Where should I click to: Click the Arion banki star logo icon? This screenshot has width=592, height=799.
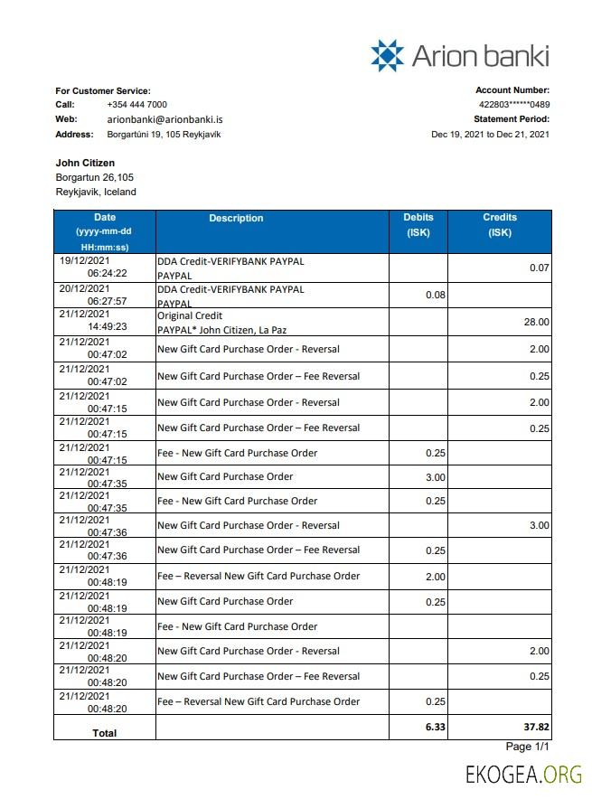(x=388, y=55)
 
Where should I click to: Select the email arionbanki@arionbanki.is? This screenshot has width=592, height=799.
(x=164, y=119)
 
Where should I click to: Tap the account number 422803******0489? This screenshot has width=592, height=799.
(x=512, y=105)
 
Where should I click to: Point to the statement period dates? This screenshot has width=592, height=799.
(x=490, y=134)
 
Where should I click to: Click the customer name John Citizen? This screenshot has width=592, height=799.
(x=85, y=164)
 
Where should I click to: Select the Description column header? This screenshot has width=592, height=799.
(x=236, y=218)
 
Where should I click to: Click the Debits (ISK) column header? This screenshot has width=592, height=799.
(x=418, y=224)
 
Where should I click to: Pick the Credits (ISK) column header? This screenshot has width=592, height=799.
(x=500, y=224)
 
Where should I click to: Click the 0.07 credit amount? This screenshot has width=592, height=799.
(x=539, y=268)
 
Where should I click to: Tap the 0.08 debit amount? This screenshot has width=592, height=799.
(x=435, y=295)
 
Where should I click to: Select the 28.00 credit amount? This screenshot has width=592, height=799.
(x=536, y=322)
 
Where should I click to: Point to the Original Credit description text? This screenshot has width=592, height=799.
(x=188, y=316)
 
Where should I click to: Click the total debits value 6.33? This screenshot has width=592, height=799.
(x=434, y=726)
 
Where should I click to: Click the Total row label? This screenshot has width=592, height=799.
(x=105, y=733)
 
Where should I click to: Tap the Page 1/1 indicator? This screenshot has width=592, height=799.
(x=527, y=747)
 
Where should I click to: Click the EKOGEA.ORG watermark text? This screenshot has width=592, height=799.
(x=523, y=775)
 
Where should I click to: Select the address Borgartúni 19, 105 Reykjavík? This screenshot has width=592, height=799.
(x=164, y=135)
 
